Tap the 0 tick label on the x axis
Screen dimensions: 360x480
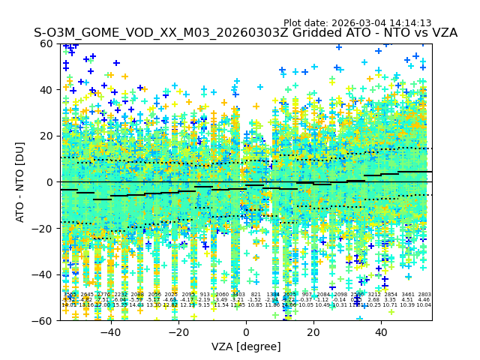(246, 332)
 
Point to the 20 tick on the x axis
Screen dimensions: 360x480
(313, 332)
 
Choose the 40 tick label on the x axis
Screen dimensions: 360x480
(381, 332)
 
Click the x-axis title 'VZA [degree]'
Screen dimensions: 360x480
(246, 346)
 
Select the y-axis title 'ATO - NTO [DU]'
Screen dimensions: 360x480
(21, 182)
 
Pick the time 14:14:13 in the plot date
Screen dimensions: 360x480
(409, 23)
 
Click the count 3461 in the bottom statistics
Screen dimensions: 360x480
(407, 295)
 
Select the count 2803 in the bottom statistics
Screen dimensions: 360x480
(424, 295)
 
